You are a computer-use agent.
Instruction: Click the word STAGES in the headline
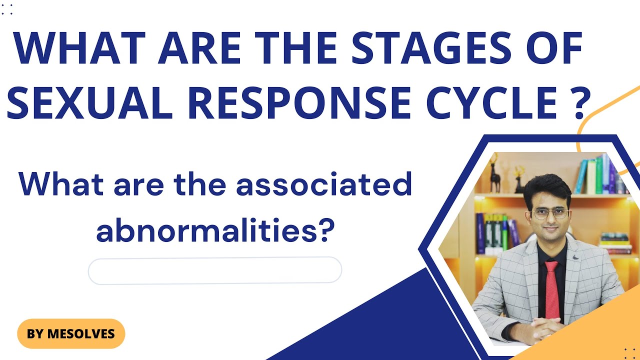tap(431, 47)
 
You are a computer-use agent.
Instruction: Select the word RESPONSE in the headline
tap(299, 102)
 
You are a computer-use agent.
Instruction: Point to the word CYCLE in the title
tap(491, 102)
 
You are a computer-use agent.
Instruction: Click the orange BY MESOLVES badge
tap(71, 333)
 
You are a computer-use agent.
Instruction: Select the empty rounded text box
tap(215, 270)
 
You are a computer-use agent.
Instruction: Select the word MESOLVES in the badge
tap(81, 333)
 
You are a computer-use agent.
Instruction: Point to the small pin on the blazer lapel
tap(575, 257)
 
